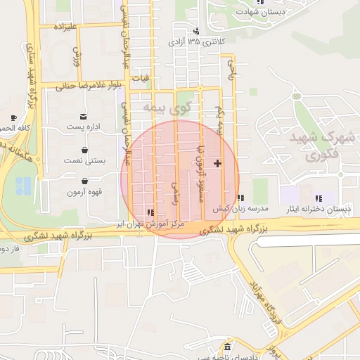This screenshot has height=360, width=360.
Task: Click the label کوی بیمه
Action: (x=167, y=108)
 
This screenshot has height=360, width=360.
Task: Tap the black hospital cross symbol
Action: (x=218, y=163)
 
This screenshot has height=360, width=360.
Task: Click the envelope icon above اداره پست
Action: (x=84, y=116)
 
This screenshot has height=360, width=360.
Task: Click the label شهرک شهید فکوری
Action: (x=322, y=145)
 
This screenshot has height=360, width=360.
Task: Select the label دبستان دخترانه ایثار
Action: (x=318, y=210)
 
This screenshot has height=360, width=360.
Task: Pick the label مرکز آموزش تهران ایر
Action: (x=150, y=222)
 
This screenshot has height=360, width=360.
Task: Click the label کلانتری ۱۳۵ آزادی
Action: (x=196, y=42)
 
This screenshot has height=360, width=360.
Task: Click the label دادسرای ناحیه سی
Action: (x=230, y=356)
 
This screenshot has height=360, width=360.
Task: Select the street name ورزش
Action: (x=77, y=56)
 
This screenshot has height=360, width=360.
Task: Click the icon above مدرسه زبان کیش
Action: (x=240, y=198)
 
